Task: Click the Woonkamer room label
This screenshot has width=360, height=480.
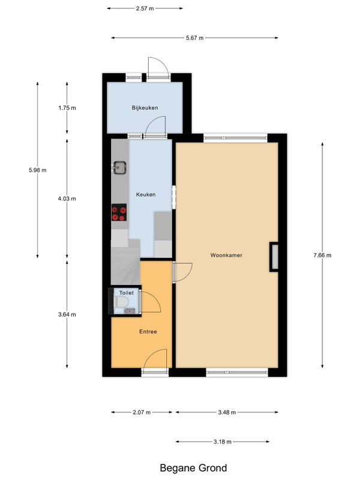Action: pyautogui.click(x=226, y=255)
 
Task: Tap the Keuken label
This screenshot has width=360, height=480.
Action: pyautogui.click(x=146, y=194)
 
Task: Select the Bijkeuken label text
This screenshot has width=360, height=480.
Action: pyautogui.click(x=145, y=108)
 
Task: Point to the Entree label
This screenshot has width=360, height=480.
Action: pyautogui.click(x=148, y=332)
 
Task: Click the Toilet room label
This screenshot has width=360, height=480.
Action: pyautogui.click(x=127, y=293)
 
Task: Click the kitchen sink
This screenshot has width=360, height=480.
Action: pyautogui.click(x=119, y=167)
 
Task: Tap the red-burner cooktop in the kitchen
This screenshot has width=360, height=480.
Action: pyautogui.click(x=119, y=212)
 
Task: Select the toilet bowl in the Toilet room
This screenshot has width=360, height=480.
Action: pyautogui.click(x=121, y=302)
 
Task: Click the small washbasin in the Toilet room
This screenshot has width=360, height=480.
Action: pyautogui.click(x=130, y=311)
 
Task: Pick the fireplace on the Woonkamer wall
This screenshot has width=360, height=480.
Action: pyautogui.click(x=274, y=257)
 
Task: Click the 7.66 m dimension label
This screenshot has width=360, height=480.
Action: pyautogui.click(x=322, y=255)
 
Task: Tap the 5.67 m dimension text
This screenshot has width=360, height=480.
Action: pyautogui.click(x=194, y=38)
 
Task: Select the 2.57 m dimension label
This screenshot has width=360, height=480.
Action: pyautogui.click(x=145, y=8)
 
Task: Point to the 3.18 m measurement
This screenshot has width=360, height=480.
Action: pyautogui.click(x=223, y=442)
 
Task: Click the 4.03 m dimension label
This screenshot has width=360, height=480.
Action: pyautogui.click(x=67, y=199)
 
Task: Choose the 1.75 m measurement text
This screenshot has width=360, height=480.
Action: pyautogui.click(x=67, y=108)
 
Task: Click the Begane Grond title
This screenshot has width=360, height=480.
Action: pyautogui.click(x=193, y=468)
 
